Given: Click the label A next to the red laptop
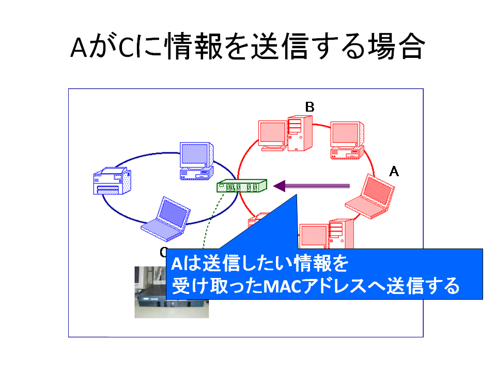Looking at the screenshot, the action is pyautogui.click(x=394, y=172).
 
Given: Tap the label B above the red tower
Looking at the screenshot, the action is pyautogui.click(x=309, y=107).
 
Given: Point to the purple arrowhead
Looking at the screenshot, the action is pyautogui.click(x=280, y=186).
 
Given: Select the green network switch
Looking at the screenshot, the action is pyautogui.click(x=242, y=185).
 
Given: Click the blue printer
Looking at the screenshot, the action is pyautogui.click(x=112, y=181).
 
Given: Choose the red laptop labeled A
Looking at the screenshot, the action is pyautogui.click(x=370, y=196).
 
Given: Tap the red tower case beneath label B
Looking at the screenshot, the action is pyautogui.click(x=300, y=133).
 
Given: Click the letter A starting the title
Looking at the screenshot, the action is pyautogui.click(x=79, y=48).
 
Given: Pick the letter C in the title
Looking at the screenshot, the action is pyautogui.click(x=127, y=48).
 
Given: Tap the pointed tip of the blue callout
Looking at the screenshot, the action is pyautogui.click(x=297, y=194).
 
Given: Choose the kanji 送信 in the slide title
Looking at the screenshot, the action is pyautogui.click(x=280, y=47).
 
